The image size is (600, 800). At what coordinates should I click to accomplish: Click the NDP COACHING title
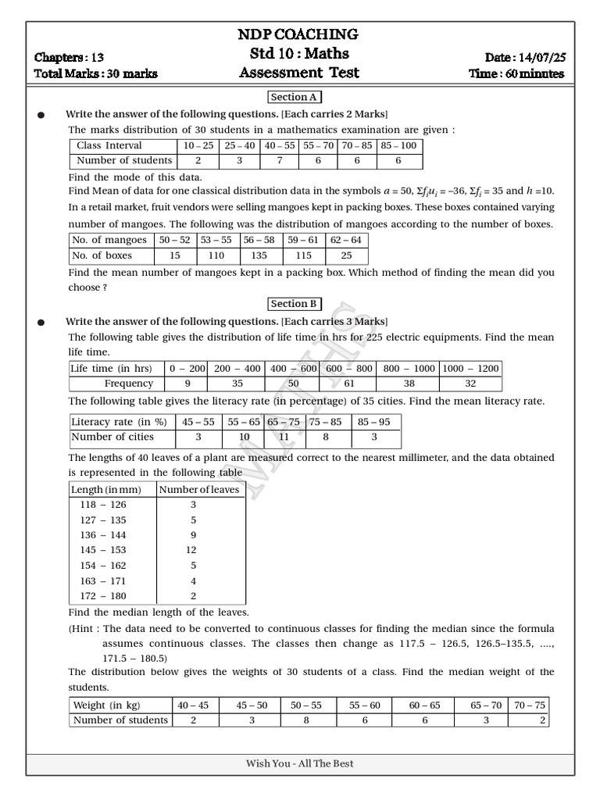click(298, 34)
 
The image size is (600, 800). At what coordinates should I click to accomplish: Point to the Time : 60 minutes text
click(516, 73)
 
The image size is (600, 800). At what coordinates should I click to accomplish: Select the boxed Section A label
click(295, 97)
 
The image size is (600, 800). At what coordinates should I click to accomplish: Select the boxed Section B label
click(295, 304)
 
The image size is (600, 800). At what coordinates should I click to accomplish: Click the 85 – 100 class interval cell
click(399, 145)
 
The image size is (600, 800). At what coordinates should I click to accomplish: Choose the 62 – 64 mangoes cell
click(346, 241)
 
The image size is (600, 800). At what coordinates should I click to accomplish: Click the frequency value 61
click(348, 384)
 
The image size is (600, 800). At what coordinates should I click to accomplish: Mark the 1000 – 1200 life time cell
click(470, 368)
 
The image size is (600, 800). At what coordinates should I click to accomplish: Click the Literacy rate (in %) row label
click(119, 422)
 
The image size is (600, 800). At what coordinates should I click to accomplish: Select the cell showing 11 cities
click(284, 437)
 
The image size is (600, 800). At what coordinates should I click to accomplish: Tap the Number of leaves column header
click(200, 489)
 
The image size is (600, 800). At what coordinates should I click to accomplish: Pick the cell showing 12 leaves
click(193, 551)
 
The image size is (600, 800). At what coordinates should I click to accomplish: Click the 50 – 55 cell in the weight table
click(306, 705)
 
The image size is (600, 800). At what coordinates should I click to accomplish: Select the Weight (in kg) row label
click(107, 705)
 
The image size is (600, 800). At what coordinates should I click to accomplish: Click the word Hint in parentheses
click(84, 628)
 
